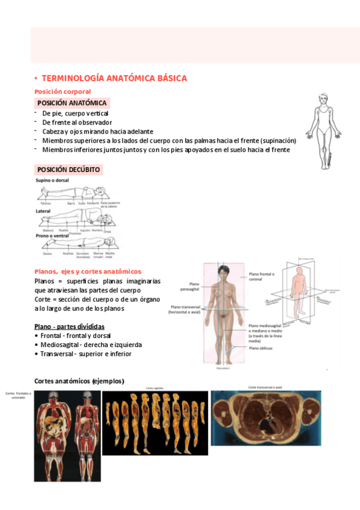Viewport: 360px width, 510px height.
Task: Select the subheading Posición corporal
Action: click(x=63, y=91)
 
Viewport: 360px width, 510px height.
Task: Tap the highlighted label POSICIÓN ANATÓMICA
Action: click(x=72, y=103)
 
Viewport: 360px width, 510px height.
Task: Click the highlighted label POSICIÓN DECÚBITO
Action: click(x=69, y=170)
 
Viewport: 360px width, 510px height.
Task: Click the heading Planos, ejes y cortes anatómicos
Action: click(x=88, y=271)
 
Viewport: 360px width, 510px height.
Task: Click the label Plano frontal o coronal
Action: click(x=261, y=276)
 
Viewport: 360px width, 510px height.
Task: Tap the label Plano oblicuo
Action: click(x=261, y=348)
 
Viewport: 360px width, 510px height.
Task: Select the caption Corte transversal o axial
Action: click(x=265, y=387)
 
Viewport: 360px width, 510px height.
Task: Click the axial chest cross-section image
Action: click(x=266, y=419)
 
